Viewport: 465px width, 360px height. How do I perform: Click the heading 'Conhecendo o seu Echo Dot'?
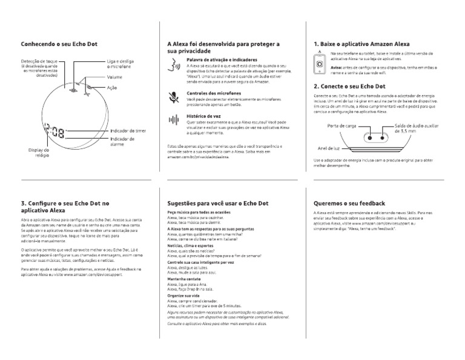(x=59, y=44)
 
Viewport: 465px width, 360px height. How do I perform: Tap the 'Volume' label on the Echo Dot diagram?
(x=115, y=78)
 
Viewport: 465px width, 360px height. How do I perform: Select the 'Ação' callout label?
(x=112, y=88)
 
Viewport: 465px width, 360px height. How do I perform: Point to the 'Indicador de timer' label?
(x=128, y=130)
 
